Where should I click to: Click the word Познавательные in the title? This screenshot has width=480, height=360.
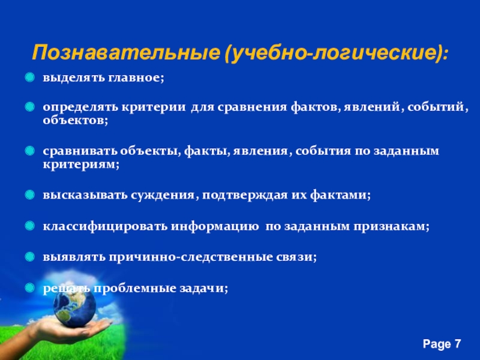(126, 52)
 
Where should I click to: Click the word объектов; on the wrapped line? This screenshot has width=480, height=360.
(76, 120)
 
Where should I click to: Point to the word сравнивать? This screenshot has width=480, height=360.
(80, 151)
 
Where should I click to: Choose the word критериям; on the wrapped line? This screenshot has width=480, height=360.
(81, 164)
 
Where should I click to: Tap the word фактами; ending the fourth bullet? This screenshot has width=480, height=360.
(340, 195)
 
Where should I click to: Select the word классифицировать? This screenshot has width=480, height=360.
(106, 226)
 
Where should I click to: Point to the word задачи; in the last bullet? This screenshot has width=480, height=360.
(203, 289)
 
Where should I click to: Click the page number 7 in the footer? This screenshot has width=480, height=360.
(457, 343)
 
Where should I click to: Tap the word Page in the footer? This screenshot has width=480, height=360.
(437, 344)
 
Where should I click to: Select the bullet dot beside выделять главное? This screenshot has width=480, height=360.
(29, 77)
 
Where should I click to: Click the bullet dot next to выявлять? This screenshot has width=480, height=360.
(29, 257)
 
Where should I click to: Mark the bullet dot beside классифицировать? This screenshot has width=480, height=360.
(29, 226)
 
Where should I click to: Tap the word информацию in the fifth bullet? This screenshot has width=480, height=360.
(215, 227)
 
